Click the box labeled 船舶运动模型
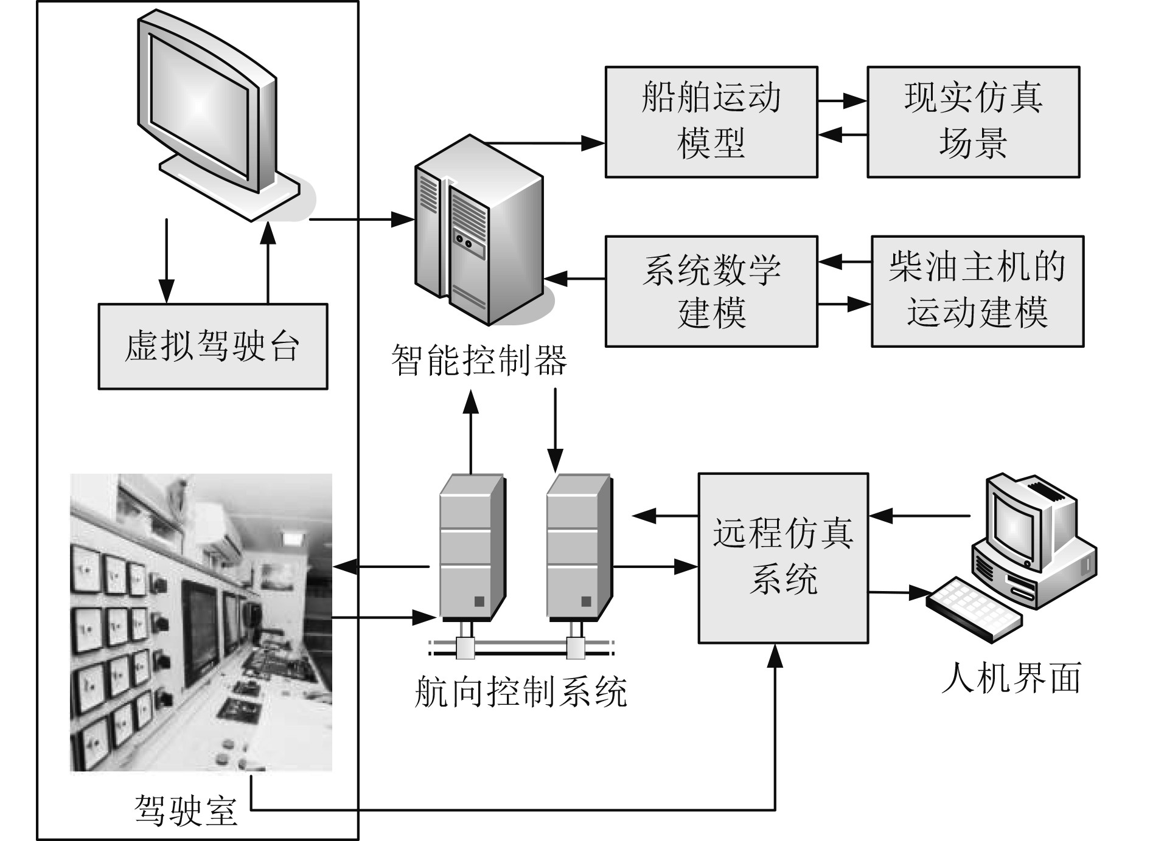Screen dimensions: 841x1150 tap(711, 122)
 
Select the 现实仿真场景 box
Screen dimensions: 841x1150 tap(973, 122)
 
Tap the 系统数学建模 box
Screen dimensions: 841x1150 tap(711, 291)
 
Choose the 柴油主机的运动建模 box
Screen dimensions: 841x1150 tap(977, 291)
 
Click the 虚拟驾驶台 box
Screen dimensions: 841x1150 tap(212, 346)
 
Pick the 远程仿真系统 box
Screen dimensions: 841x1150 tap(783, 558)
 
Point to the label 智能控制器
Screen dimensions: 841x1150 tap(479, 360)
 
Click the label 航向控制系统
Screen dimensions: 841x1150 tap(521, 691)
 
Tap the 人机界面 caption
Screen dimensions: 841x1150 tap(1011, 678)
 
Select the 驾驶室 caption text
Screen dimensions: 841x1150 tap(186, 810)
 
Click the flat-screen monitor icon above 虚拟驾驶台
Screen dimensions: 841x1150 tap(207, 109)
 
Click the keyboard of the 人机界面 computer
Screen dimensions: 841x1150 tap(974, 608)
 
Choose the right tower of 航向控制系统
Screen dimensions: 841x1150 tap(578, 547)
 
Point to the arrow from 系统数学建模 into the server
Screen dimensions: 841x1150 tap(574, 279)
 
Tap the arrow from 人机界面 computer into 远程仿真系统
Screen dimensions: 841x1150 tap(919, 516)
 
